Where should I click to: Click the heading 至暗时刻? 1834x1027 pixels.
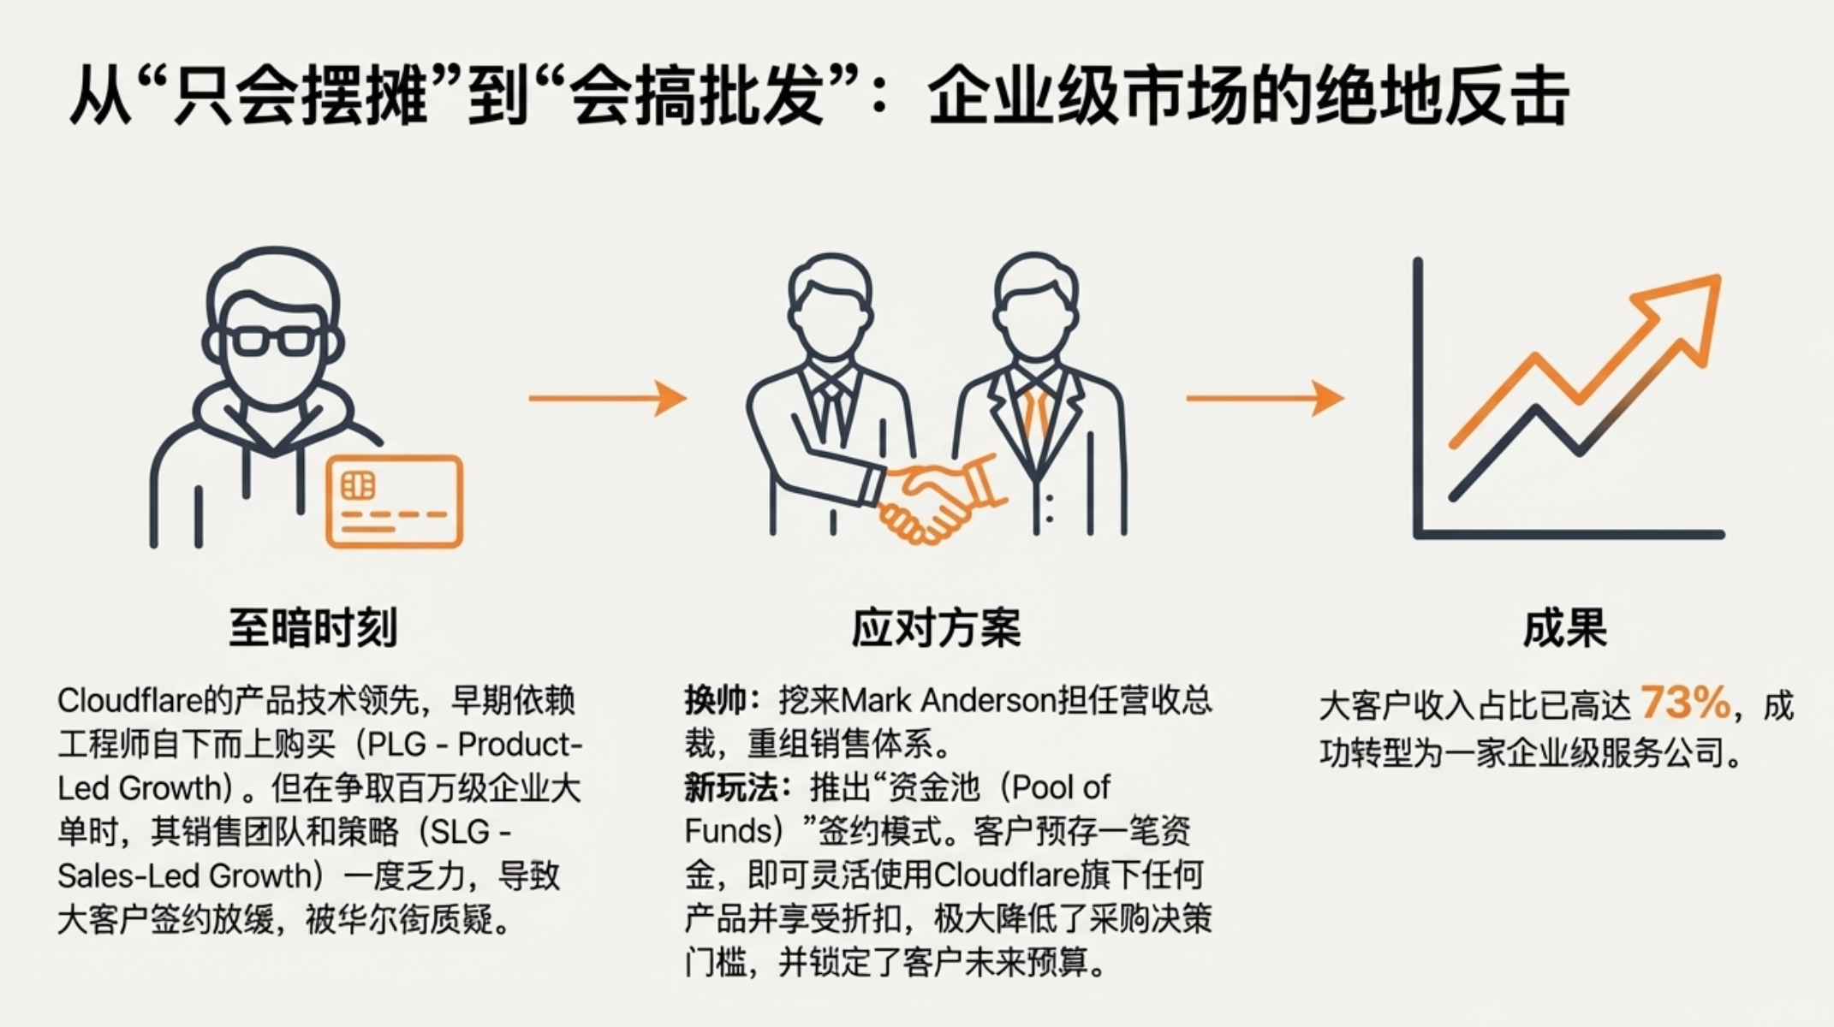point(313,627)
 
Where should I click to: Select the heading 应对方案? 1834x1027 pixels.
point(936,627)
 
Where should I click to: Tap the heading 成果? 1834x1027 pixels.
point(1564,627)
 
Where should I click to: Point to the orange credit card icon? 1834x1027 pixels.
point(395,502)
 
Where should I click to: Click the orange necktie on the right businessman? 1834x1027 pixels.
point(1036,411)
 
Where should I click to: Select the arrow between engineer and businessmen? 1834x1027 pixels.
point(607,398)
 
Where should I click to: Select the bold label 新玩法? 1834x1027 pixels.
point(729,788)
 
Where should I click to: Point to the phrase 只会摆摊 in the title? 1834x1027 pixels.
point(300,96)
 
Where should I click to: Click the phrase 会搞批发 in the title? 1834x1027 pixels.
point(695,96)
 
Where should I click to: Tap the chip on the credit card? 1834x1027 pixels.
point(358,485)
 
